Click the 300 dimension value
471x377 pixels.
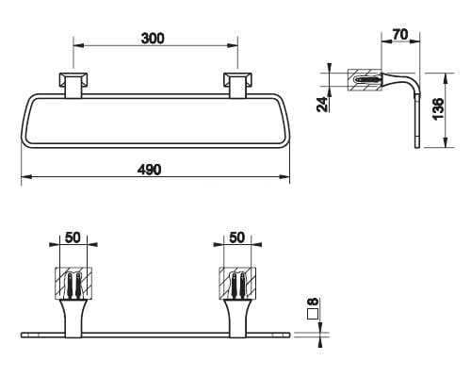click(153, 39)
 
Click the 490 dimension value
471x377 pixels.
click(150, 170)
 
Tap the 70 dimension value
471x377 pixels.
click(400, 34)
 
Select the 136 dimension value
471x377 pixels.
click(438, 108)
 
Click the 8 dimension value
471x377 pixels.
click(313, 302)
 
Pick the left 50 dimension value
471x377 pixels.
click(73, 238)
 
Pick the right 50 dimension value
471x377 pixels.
click(236, 238)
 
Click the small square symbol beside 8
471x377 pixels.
click(313, 314)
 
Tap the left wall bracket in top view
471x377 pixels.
click(73, 85)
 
